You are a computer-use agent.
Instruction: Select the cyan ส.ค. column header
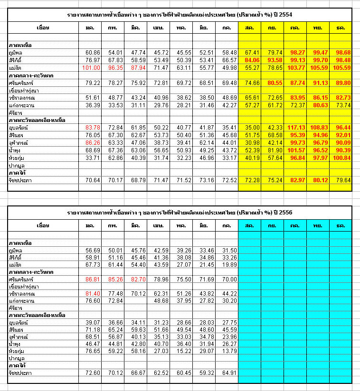coord(249,225)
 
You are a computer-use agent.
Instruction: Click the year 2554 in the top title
coord(285,15)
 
